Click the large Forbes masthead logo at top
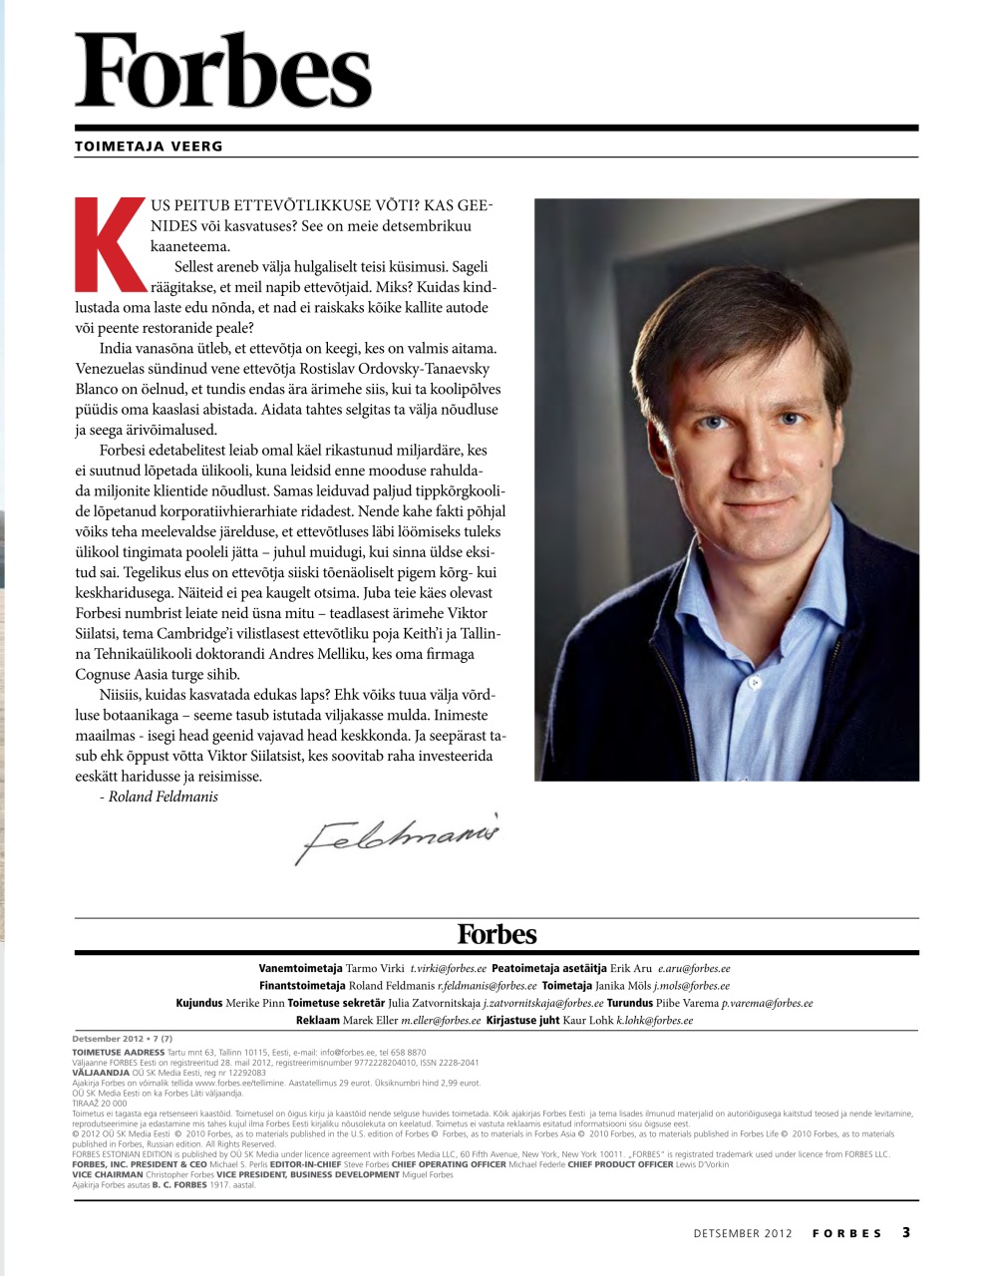click(223, 70)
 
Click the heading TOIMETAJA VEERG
click(149, 147)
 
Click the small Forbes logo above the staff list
click(496, 934)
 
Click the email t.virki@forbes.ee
click(448, 968)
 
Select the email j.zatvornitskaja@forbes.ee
click(542, 1003)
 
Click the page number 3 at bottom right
click(906, 1232)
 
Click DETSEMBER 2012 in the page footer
click(743, 1233)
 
